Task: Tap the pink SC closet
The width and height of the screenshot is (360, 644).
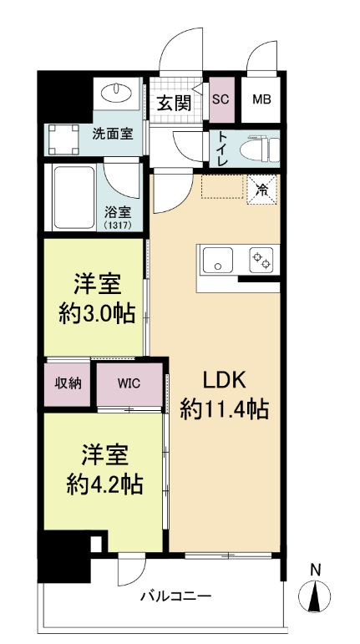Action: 221,99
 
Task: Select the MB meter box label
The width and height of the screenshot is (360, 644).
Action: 261,99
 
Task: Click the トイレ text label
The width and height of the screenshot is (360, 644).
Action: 222,149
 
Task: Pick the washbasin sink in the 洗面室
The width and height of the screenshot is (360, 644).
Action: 117,93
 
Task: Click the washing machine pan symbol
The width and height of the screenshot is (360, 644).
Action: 63,139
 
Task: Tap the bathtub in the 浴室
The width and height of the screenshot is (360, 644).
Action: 74,198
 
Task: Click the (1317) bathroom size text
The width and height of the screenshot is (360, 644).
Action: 118,224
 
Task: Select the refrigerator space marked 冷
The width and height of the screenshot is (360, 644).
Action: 261,190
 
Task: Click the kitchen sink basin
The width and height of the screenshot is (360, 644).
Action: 217,260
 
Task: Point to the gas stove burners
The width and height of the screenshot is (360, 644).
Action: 261,260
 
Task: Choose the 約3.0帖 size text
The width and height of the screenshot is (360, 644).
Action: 97,314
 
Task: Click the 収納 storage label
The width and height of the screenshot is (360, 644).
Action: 68,383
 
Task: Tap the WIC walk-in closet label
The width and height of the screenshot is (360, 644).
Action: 129,383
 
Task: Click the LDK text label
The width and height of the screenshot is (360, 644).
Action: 225,381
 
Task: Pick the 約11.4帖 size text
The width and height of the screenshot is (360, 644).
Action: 225,408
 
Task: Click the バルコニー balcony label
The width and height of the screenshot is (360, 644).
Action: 175,596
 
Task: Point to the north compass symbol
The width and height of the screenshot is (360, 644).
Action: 315,592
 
